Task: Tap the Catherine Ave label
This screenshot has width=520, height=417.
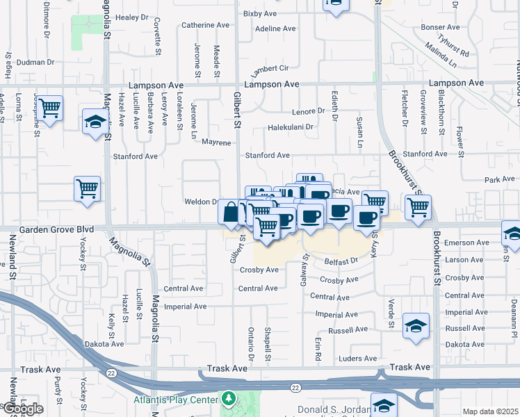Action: pyautogui.click(x=205, y=25)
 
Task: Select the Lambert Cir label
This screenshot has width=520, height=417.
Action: pyautogui.click(x=270, y=69)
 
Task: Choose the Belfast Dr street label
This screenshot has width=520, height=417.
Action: pyautogui.click(x=341, y=261)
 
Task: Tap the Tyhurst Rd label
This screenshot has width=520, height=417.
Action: pyautogui.click(x=455, y=49)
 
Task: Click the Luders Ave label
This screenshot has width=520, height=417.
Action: pyautogui.click(x=357, y=359)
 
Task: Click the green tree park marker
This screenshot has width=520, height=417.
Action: pyautogui.click(x=228, y=400)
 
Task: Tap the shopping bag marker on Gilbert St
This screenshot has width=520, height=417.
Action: pyautogui.click(x=231, y=211)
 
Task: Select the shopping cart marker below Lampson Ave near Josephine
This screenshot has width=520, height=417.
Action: pyautogui.click(x=50, y=108)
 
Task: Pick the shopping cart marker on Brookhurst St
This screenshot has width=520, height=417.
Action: pyautogui.click(x=418, y=206)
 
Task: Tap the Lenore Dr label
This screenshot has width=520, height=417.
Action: pyautogui.click(x=309, y=111)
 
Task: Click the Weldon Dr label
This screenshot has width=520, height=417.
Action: pyautogui.click(x=201, y=202)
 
